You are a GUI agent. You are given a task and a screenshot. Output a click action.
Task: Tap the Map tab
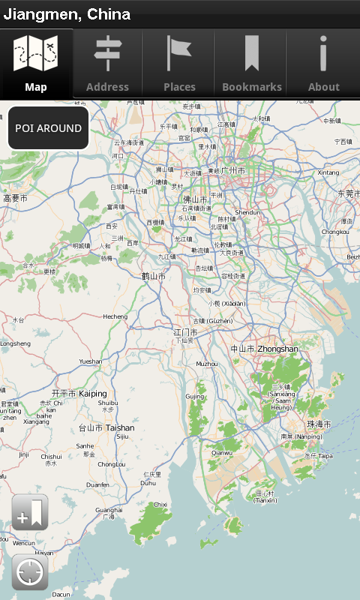point(36,64)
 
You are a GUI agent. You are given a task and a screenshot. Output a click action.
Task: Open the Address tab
point(107,64)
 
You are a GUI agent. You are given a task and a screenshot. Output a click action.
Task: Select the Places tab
point(179,64)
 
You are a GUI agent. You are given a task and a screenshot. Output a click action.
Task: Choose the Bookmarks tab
point(251,64)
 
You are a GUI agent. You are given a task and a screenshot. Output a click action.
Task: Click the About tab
point(323,64)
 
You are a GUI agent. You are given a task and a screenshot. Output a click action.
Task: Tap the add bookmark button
point(30,514)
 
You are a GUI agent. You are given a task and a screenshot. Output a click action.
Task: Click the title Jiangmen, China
point(67,14)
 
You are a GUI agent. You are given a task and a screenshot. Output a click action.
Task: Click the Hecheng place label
point(115,316)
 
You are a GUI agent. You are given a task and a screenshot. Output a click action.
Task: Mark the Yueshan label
point(90,361)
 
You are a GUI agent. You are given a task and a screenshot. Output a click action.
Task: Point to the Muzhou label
point(206,364)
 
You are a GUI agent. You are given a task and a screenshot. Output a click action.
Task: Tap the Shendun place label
point(247,212)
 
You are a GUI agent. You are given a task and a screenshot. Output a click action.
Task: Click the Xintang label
point(328,172)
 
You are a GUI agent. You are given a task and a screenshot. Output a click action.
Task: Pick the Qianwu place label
point(222,452)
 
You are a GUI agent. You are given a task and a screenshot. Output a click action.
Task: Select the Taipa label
point(325,455)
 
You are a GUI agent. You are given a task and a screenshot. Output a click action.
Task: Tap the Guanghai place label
point(109,510)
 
